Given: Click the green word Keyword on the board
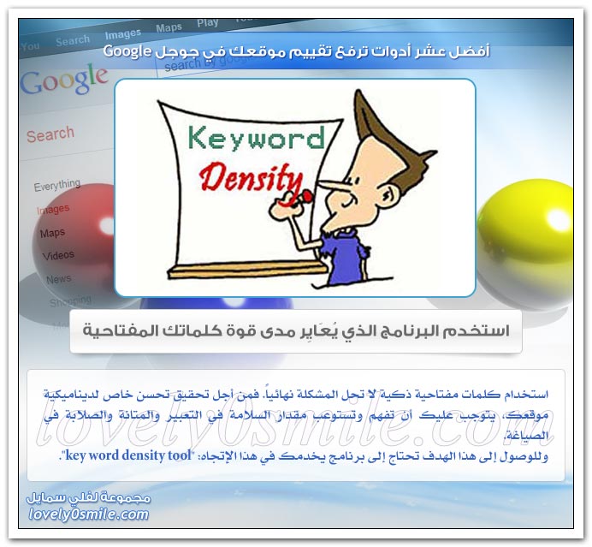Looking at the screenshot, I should tap(255, 138).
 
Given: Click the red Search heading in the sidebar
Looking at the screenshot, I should tap(50, 134).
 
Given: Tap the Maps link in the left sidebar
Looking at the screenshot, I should tap(52, 232).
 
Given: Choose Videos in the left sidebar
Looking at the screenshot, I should tap(58, 254).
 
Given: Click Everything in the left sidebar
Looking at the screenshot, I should tap(56, 186).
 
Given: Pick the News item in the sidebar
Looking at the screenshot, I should tap(58, 279).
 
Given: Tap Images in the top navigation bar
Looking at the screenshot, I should tap(122, 34).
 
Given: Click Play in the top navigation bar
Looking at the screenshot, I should tap(207, 23).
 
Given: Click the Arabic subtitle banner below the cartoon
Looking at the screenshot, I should tap(295, 331).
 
